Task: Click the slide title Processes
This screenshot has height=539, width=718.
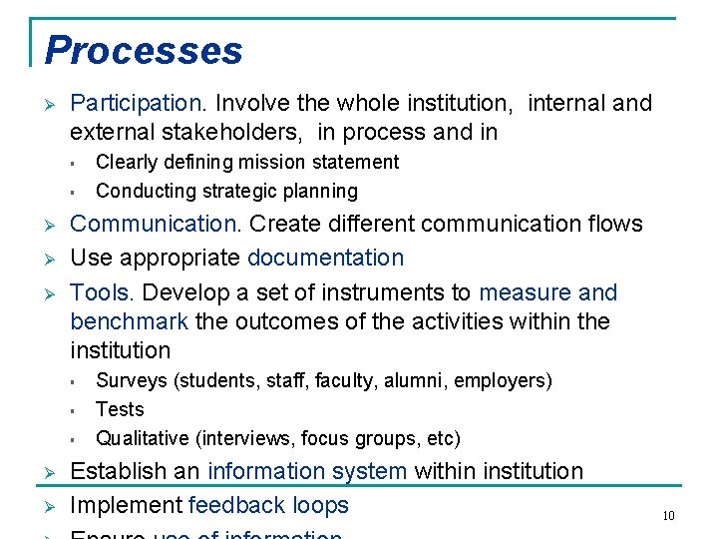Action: click(x=144, y=51)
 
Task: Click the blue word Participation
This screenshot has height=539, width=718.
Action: click(x=137, y=103)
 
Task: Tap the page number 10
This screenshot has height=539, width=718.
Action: click(x=668, y=515)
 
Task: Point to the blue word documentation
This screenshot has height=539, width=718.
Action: click(x=325, y=258)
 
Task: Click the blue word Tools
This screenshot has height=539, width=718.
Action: click(x=102, y=292)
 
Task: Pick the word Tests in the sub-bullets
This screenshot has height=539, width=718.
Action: click(x=120, y=409)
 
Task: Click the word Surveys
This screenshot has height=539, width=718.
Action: click(x=131, y=380)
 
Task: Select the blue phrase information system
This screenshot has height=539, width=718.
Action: click(x=307, y=471)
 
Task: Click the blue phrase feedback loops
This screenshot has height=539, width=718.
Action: click(x=268, y=505)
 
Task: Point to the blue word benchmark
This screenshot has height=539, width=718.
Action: click(x=130, y=321)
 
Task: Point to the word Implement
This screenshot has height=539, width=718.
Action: click(x=126, y=505)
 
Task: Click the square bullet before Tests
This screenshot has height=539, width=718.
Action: click(x=74, y=410)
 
